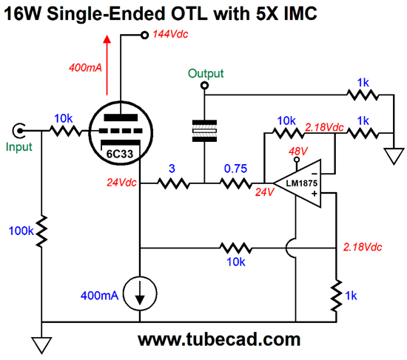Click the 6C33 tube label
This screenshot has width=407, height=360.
pos(120,154)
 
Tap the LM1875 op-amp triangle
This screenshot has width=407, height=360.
pos(297,183)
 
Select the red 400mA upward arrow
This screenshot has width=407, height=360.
pos(107,65)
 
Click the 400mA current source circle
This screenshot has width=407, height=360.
pos(140,294)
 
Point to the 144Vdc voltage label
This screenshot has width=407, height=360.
pos(170,34)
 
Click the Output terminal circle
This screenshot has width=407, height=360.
pos(204,85)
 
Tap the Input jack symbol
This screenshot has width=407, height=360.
pos(18,130)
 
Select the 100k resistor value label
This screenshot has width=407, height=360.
pos(21,231)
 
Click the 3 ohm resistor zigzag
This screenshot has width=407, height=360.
pos(174,183)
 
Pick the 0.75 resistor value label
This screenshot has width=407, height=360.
pos(235,169)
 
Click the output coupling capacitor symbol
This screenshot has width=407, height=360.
pos(204,131)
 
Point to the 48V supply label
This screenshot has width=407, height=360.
pos(298,151)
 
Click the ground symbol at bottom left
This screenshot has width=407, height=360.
pos(41,344)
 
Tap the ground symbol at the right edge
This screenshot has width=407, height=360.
pos(394,156)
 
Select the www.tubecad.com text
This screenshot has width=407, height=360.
pos(219,339)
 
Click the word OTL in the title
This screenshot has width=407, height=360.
pos(189,13)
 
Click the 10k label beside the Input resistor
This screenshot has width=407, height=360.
pos(64,119)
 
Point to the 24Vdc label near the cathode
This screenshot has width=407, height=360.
pos(121,183)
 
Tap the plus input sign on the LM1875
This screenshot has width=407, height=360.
pos(314,194)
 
